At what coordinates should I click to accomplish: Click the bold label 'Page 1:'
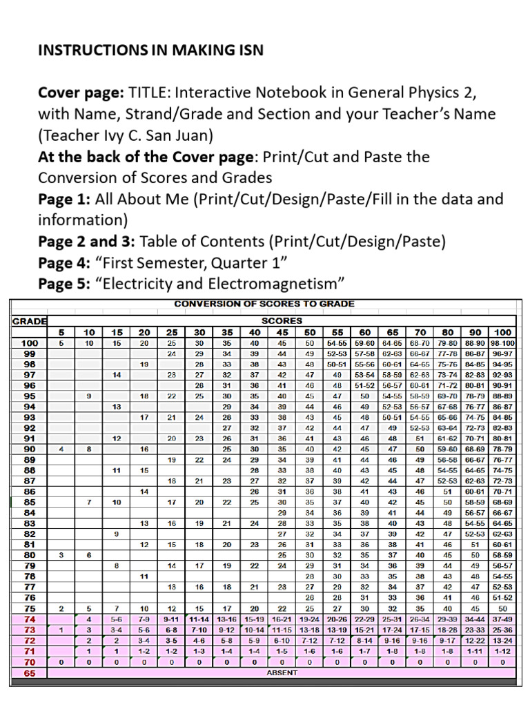64,200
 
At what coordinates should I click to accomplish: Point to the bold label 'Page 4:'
64,263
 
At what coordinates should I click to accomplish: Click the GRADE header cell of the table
29,320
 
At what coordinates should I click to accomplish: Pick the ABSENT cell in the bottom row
282,672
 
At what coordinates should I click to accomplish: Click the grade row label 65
30,672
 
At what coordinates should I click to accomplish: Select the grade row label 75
30,608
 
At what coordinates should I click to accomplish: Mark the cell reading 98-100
502,342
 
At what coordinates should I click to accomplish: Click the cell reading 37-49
502,619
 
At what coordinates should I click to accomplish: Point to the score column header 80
448,331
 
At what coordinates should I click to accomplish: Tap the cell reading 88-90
475,342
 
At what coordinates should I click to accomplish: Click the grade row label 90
30,449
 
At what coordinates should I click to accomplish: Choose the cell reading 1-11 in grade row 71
475,650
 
